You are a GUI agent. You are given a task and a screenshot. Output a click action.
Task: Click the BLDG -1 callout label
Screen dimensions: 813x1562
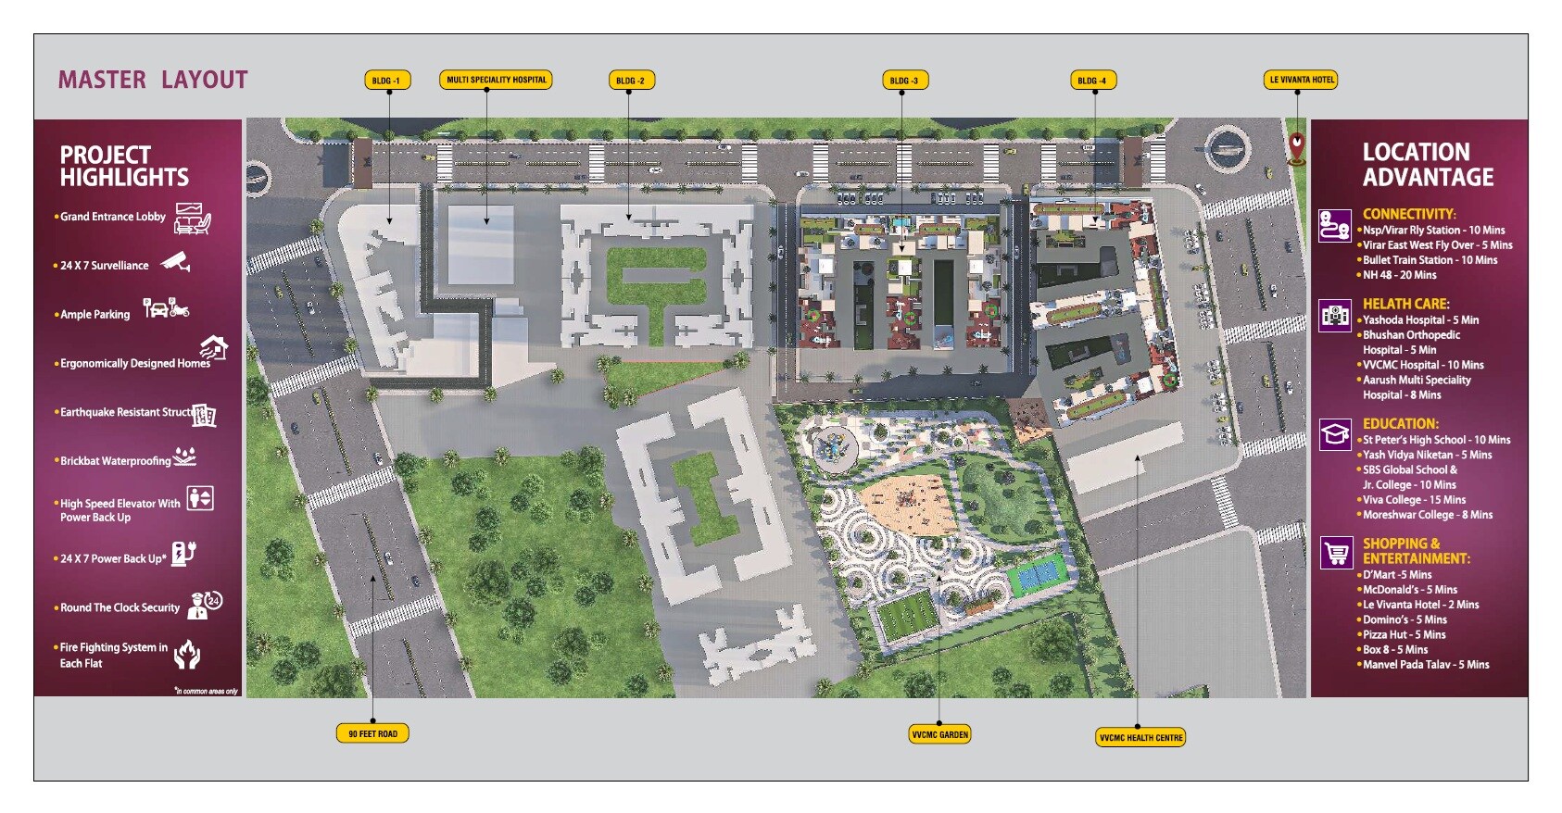[386, 81]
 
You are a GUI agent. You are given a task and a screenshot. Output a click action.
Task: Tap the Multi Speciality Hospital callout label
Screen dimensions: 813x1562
[496, 80]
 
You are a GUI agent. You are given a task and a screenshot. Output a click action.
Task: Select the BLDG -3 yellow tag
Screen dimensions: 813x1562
[903, 81]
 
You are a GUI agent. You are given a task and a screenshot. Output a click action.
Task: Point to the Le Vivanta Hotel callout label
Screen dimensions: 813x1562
[1302, 80]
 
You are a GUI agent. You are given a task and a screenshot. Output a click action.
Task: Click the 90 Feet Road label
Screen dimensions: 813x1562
[372, 733]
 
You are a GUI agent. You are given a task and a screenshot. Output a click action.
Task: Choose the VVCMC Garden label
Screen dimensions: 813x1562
[939, 734]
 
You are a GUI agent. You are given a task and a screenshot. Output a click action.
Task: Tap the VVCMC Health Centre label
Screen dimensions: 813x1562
[1140, 737]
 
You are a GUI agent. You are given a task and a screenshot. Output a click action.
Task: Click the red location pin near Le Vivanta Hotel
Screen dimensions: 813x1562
[1296, 146]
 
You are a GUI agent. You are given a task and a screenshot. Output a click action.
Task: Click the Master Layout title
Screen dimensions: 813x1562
[153, 80]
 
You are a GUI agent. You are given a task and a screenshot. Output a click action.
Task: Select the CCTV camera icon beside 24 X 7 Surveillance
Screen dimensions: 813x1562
[176, 262]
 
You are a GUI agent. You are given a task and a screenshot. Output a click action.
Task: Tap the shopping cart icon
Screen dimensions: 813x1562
[1335, 553]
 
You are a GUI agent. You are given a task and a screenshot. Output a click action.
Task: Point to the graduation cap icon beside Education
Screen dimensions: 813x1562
[1335, 433]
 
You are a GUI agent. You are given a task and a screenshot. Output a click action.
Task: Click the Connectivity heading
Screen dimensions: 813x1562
[1408, 214]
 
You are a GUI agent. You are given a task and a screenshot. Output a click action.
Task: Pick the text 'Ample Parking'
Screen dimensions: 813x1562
[94, 315]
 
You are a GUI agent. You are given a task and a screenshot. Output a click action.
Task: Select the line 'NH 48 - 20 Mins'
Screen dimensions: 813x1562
[1399, 275]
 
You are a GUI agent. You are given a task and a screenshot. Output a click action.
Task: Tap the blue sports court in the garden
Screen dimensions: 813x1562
[1039, 580]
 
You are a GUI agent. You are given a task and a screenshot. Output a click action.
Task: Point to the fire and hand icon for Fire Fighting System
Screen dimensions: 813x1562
[187, 654]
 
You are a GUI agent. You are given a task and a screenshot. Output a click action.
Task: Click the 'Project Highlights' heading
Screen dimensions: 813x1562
[124, 166]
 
